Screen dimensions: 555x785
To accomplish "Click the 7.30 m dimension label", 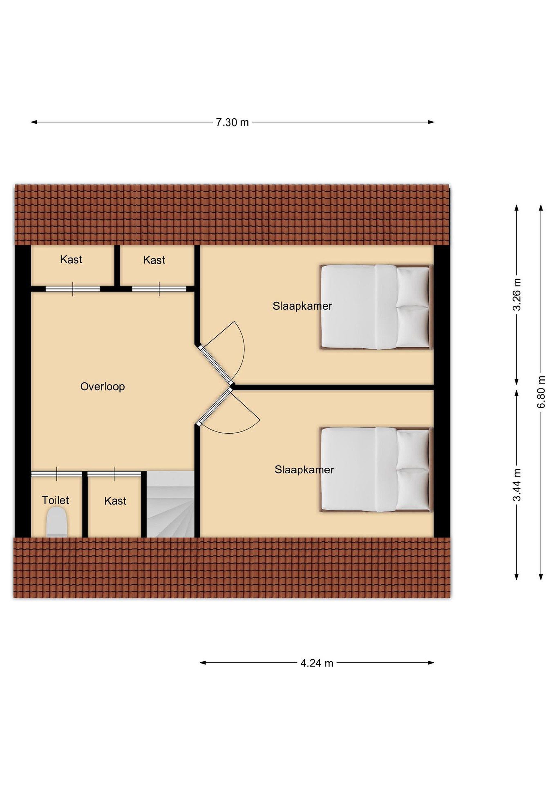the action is pos(232,122).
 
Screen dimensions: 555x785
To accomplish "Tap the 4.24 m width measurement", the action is pos(317,663).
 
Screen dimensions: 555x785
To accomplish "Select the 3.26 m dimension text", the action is pos(517,294).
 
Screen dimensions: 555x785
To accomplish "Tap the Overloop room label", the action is pos(102,387).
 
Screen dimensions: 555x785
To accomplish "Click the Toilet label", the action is pos(55,500).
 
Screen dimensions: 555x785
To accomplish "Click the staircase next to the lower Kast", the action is pos(171,504).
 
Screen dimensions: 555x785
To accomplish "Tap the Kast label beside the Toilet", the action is pos(116,501).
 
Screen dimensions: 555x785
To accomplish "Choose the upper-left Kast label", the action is pos(71,259).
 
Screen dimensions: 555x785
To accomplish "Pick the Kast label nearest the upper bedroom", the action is pos(154,260).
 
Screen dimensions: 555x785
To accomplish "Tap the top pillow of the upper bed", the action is pos(413,286).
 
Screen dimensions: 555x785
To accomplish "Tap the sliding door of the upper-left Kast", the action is pos(73,289).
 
